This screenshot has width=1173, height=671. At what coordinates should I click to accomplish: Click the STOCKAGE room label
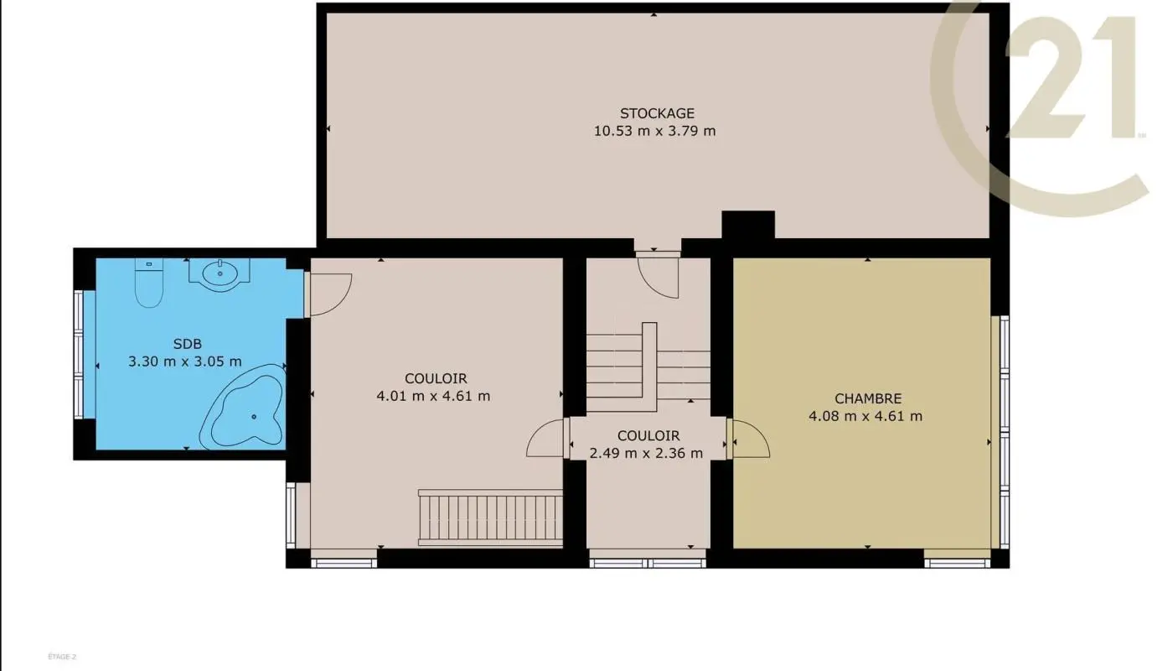click(657, 113)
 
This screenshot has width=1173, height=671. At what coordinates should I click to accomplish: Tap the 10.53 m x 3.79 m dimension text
click(654, 131)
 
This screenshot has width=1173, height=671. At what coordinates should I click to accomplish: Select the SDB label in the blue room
click(188, 344)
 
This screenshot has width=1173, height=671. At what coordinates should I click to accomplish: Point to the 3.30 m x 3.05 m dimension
click(185, 362)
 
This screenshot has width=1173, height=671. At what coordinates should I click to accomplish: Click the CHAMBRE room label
click(868, 398)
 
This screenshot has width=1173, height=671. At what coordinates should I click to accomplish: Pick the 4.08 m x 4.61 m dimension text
click(866, 416)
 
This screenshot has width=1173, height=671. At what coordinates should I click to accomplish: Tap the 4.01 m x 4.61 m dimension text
click(434, 396)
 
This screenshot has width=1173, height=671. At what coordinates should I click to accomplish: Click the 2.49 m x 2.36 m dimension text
click(646, 453)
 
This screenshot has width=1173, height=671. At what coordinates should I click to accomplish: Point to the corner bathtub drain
click(254, 417)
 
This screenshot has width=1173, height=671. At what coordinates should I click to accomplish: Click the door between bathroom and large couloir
click(328, 294)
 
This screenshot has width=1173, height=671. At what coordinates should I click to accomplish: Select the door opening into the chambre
click(749, 438)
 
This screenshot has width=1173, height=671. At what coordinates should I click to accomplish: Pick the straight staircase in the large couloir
click(490, 518)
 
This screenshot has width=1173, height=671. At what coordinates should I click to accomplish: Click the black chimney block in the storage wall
click(747, 226)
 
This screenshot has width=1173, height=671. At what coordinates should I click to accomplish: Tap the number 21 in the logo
click(1071, 77)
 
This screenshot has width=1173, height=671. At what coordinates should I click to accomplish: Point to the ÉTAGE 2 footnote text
click(62, 656)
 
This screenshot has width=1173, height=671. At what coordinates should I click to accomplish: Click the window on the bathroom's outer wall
click(79, 355)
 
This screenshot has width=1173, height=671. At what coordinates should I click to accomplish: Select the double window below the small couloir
click(648, 564)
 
